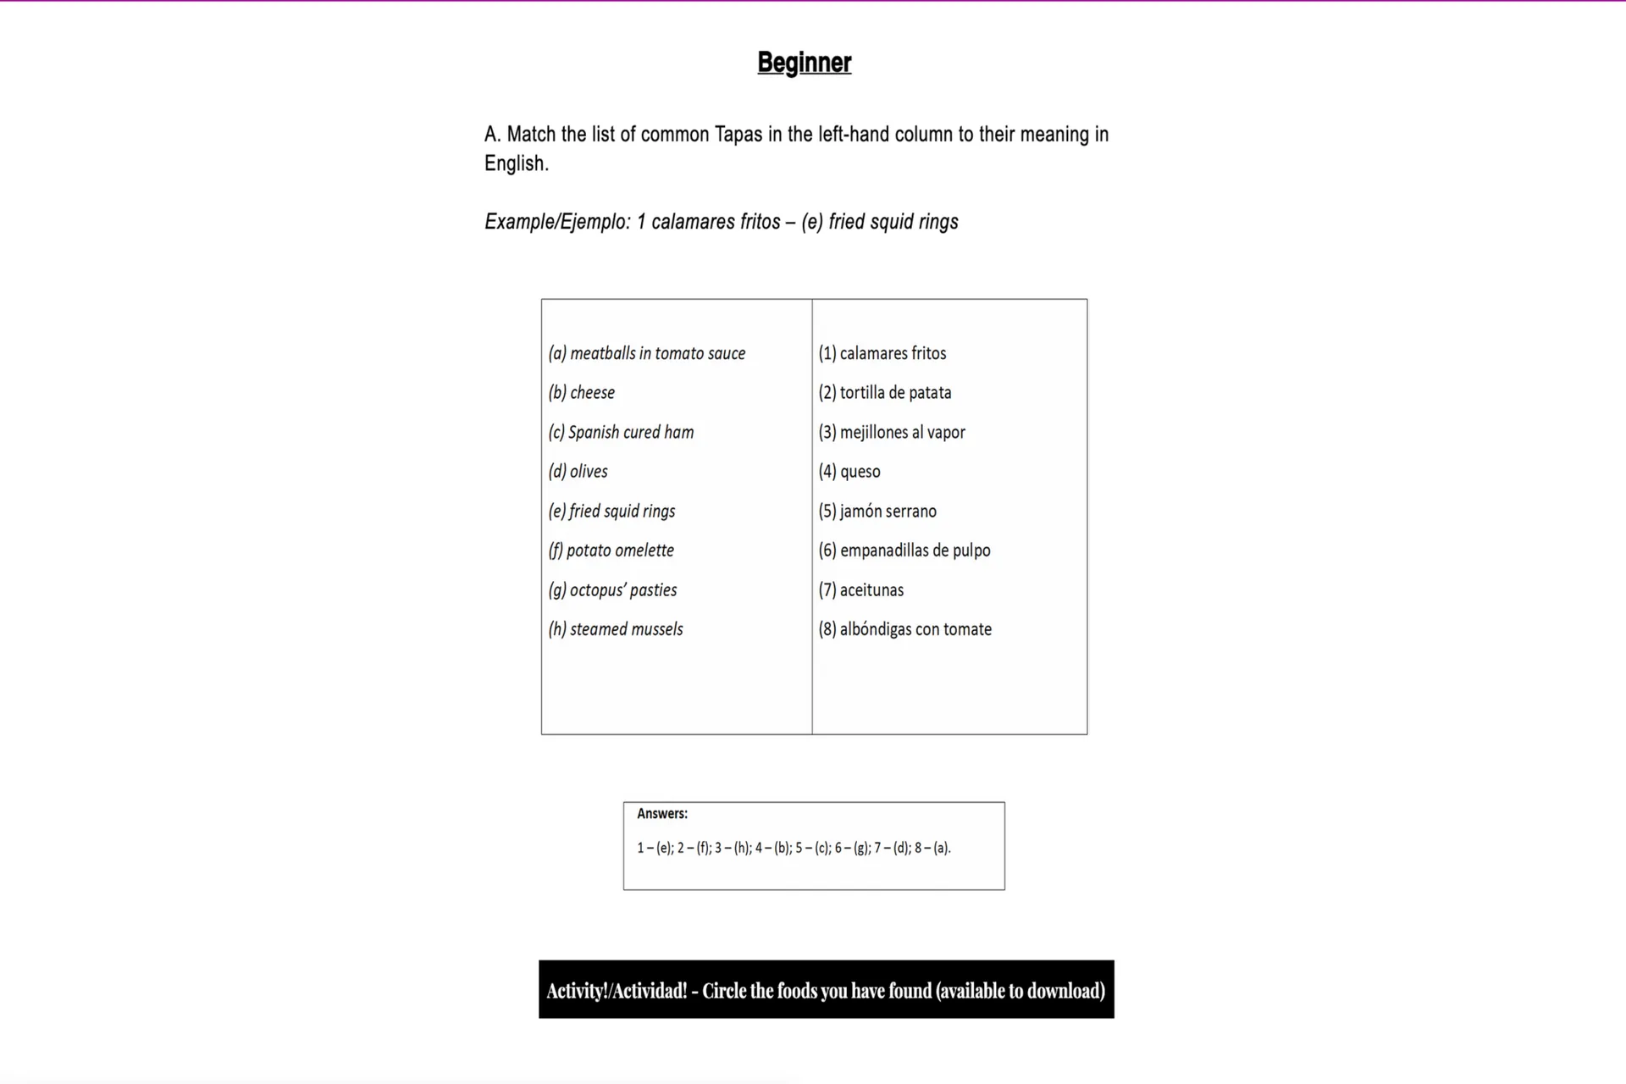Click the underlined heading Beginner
pos(804,63)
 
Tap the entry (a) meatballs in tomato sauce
pos(647,353)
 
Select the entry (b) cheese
pos(582,392)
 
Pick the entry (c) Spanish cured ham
pos(621,432)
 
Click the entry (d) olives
pos(578,471)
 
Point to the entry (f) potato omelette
pos(611,550)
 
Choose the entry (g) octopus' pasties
pos(612,589)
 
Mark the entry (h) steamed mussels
pos(616,629)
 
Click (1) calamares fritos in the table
pos(882,353)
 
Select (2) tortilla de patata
pos(885,392)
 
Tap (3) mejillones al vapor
pos(892,432)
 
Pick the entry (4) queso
pos(849,471)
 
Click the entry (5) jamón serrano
pos(877,511)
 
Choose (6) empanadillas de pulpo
pos(904,550)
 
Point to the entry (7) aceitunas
pos(861,589)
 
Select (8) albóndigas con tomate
pos(905,629)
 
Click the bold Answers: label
pos(662,814)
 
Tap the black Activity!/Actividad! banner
pos(826,989)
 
